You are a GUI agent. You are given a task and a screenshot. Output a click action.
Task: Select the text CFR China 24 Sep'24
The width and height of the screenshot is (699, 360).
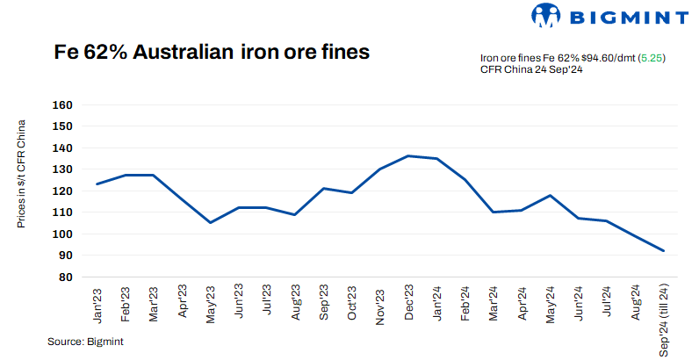[x=532, y=70]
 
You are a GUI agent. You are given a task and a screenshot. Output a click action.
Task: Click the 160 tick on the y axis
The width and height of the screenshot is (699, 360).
[x=62, y=104]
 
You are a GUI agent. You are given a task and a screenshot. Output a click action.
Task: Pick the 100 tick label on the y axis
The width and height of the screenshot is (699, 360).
[x=62, y=234]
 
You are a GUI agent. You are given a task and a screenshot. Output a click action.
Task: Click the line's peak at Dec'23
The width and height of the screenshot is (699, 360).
[x=408, y=156]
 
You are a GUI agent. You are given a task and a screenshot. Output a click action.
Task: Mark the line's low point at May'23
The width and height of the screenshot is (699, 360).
[x=210, y=222]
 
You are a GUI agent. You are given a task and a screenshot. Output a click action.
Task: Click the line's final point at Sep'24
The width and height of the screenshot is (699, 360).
[x=664, y=251]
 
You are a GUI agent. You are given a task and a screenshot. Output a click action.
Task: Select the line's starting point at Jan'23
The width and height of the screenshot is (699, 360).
[x=97, y=184]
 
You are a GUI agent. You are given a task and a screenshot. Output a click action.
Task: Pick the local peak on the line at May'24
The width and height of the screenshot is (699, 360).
[x=551, y=195]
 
